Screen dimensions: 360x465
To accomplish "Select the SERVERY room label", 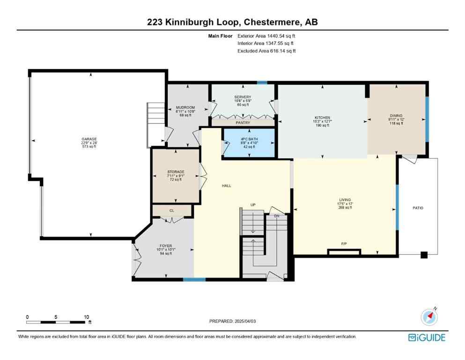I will coord(243,97).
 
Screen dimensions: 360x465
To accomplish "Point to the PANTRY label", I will coord(243,123).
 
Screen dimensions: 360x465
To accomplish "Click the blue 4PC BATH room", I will coord(248,142).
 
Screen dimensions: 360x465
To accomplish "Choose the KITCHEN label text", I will coord(322,118).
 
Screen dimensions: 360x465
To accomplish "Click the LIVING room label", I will coord(345,200).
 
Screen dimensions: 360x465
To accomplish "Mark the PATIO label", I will coord(418,208).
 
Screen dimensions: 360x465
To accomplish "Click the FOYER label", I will coord(166,246).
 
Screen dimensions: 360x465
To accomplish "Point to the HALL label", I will coord(226,186).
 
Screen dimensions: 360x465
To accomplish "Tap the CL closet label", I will coord(171,211).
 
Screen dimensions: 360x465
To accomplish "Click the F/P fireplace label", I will coord(344,244).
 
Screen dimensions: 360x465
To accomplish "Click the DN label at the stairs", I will coord(276,216).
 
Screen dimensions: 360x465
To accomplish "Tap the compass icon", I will coord(429,316).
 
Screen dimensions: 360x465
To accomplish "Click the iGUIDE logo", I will coord(427,337).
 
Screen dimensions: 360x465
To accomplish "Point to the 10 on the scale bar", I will coord(86,317).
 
